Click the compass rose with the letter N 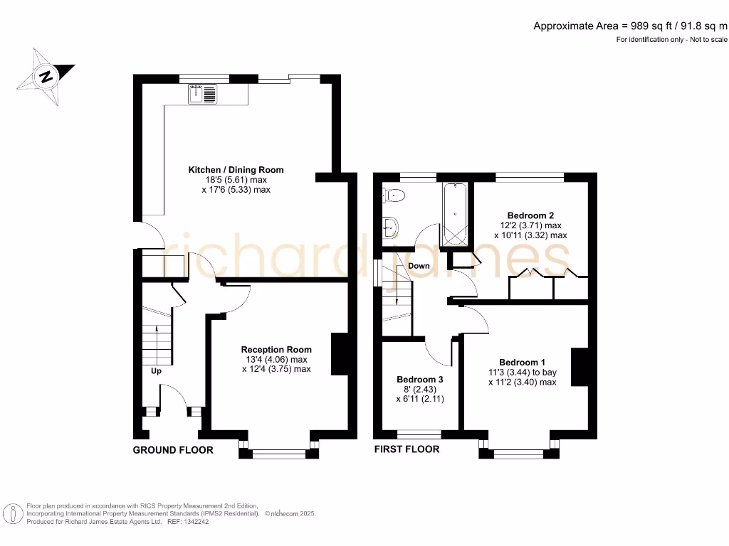[48, 76]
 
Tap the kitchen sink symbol [203, 94]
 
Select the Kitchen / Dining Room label [236, 170]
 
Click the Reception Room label [276, 349]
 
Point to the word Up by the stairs [155, 371]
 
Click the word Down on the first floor [419, 266]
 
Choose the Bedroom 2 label [530, 215]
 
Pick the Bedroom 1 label [523, 362]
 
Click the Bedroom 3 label [420, 380]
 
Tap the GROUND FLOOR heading [173, 450]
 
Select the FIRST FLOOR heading [407, 449]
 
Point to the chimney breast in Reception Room [339, 354]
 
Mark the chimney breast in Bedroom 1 [579, 366]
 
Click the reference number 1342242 [194, 521]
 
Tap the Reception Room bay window [278, 450]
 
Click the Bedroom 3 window [419, 432]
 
